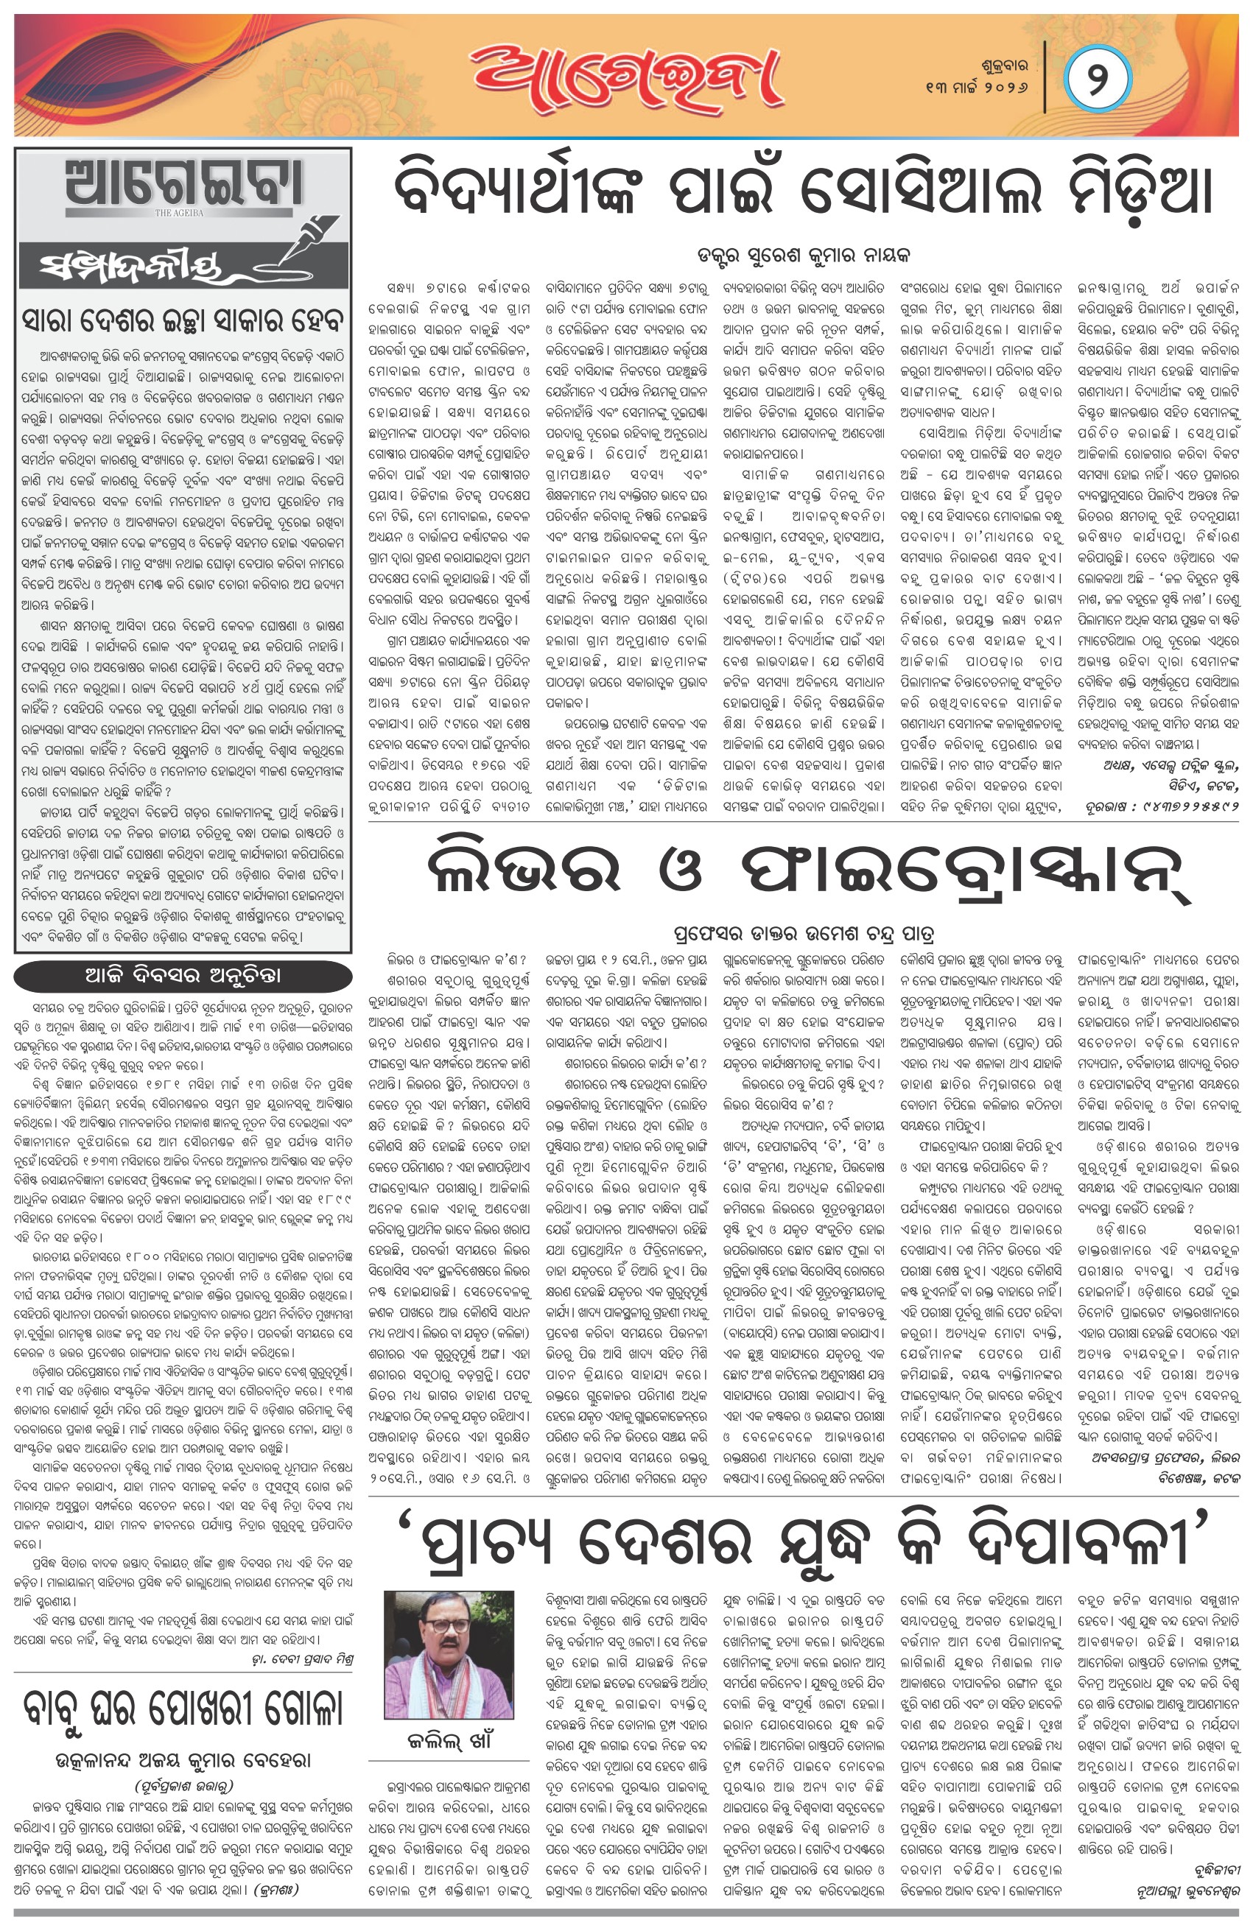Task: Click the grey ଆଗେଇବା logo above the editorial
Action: (x=184, y=184)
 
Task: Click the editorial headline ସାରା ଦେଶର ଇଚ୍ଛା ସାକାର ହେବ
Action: (x=184, y=320)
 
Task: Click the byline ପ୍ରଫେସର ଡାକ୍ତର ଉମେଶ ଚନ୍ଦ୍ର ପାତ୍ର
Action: (x=804, y=932)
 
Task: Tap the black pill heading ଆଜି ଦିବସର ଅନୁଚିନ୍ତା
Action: (x=184, y=976)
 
